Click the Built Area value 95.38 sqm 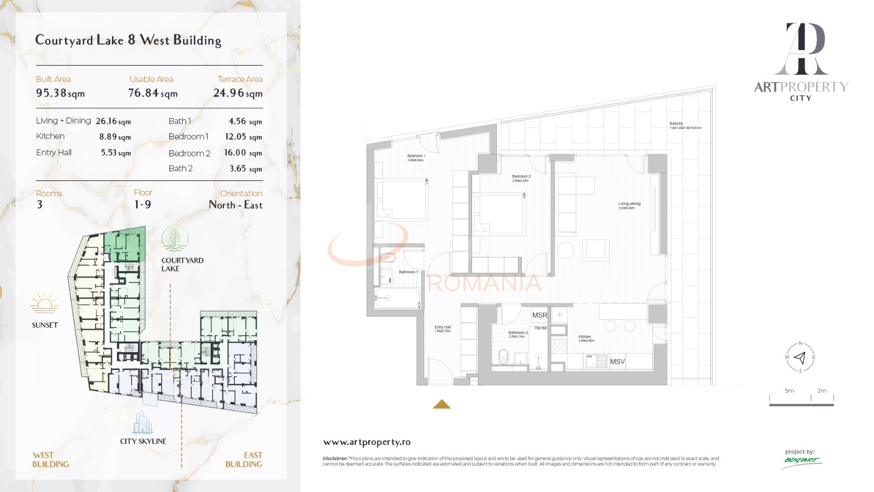[60, 93]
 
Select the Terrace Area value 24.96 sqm [238, 93]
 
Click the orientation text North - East [235, 205]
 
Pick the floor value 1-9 [143, 204]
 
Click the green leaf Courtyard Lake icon [175, 239]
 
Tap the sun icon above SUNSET [45, 303]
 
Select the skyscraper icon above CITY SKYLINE [143, 423]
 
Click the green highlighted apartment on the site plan [125, 244]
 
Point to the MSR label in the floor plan [540, 315]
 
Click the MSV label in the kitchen [617, 362]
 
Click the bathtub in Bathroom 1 [397, 298]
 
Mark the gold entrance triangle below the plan [441, 405]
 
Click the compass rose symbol [800, 358]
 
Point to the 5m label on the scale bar [789, 391]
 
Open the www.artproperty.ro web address [367, 442]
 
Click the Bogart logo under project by [801, 460]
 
